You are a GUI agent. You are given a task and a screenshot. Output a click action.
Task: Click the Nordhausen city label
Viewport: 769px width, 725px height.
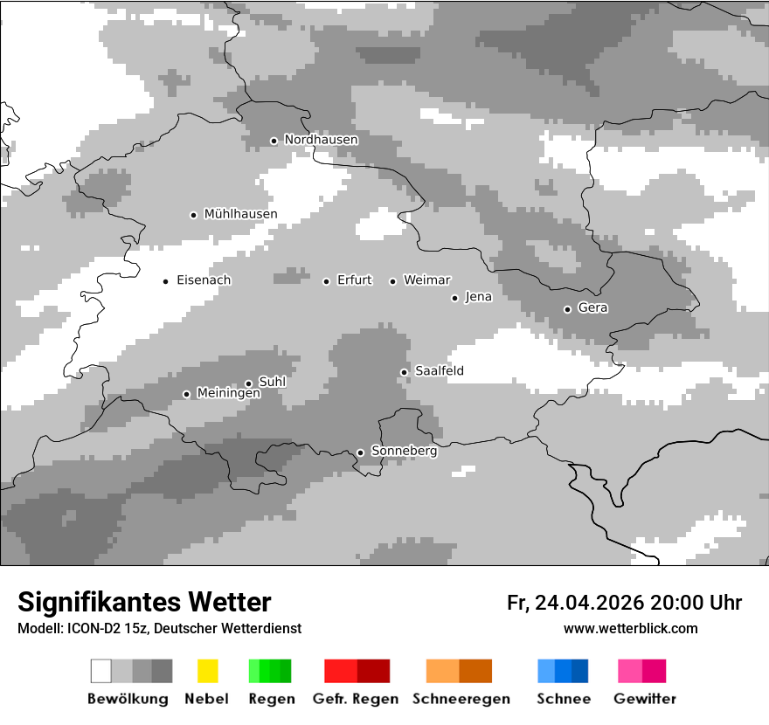click(321, 140)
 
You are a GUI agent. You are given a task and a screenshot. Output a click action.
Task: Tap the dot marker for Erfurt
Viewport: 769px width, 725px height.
click(326, 281)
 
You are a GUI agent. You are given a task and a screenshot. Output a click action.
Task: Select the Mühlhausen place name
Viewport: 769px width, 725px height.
click(240, 214)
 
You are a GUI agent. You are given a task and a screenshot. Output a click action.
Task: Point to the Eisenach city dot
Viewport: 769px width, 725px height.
click(165, 281)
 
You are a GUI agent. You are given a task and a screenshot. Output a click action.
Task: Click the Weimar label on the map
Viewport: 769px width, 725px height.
click(426, 280)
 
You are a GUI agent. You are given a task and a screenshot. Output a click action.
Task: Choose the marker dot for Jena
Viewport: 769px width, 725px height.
click(454, 298)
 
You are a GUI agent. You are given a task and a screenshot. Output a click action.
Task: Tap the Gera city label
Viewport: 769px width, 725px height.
click(592, 307)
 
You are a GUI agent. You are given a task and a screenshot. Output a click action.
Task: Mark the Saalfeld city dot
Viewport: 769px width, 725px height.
click(404, 372)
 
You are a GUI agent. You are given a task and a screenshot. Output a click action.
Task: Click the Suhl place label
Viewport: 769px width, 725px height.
click(273, 382)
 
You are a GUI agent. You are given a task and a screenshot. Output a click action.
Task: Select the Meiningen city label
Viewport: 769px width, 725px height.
click(228, 393)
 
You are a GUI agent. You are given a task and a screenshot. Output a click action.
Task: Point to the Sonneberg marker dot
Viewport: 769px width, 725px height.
click(360, 452)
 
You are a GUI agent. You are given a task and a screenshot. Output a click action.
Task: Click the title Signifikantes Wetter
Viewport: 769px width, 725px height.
click(144, 602)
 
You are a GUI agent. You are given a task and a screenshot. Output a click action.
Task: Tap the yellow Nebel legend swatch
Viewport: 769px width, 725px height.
click(207, 671)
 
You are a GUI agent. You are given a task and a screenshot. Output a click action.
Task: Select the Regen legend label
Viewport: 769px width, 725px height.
click(270, 699)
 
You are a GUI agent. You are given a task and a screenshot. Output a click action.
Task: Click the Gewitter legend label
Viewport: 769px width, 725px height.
click(645, 699)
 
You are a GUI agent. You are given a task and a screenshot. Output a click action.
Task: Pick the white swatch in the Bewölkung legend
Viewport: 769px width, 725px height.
click(101, 671)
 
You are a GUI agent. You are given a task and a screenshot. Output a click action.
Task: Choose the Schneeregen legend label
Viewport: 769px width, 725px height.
click(461, 699)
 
